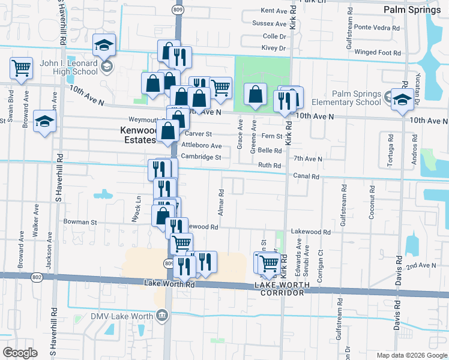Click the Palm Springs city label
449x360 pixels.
coord(412,10)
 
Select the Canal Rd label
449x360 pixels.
coord(306,176)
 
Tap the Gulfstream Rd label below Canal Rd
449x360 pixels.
coord(343,205)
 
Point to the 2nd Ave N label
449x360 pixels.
coord(421,265)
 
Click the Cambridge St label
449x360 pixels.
coord(202,157)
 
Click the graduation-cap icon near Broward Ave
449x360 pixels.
coord(44,122)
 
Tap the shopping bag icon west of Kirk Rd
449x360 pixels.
coord(256,94)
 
